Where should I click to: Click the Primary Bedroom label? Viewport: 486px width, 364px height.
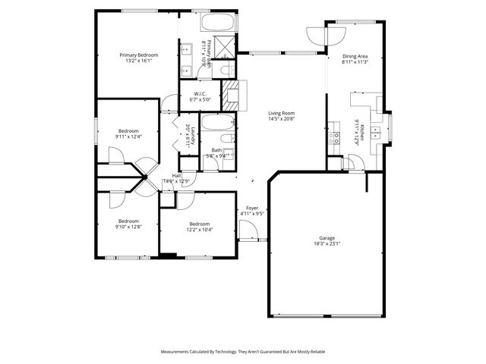click(x=137, y=55)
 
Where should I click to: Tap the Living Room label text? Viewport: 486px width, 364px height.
click(x=281, y=112)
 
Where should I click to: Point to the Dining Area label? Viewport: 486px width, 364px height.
click(x=355, y=55)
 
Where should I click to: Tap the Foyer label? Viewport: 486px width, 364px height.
click(x=252, y=207)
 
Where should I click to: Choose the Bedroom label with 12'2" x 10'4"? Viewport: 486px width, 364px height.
click(x=200, y=224)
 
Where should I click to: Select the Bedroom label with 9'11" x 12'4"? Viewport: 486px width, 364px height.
click(x=128, y=131)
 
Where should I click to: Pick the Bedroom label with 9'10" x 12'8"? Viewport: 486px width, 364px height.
click(x=128, y=221)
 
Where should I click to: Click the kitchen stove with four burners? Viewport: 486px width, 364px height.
click(x=335, y=136)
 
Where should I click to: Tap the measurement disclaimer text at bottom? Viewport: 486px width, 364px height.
click(x=242, y=352)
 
